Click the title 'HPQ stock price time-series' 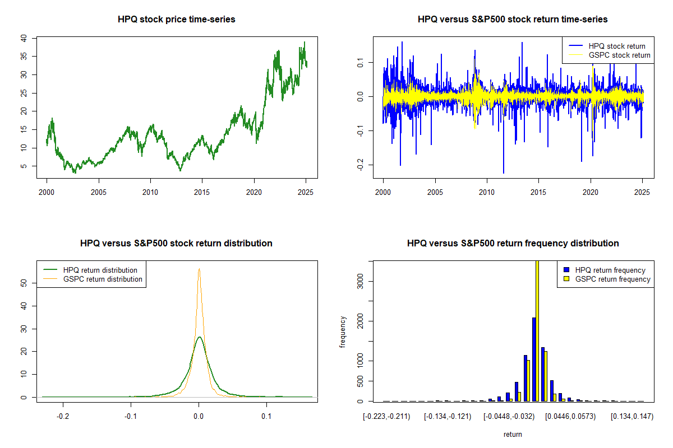point(176,19)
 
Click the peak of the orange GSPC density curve point(199,269)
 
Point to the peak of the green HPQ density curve point(199,337)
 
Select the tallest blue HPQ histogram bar point(534,359)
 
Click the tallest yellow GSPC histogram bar point(537,330)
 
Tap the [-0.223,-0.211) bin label point(387,416)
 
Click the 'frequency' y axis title point(343,332)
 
